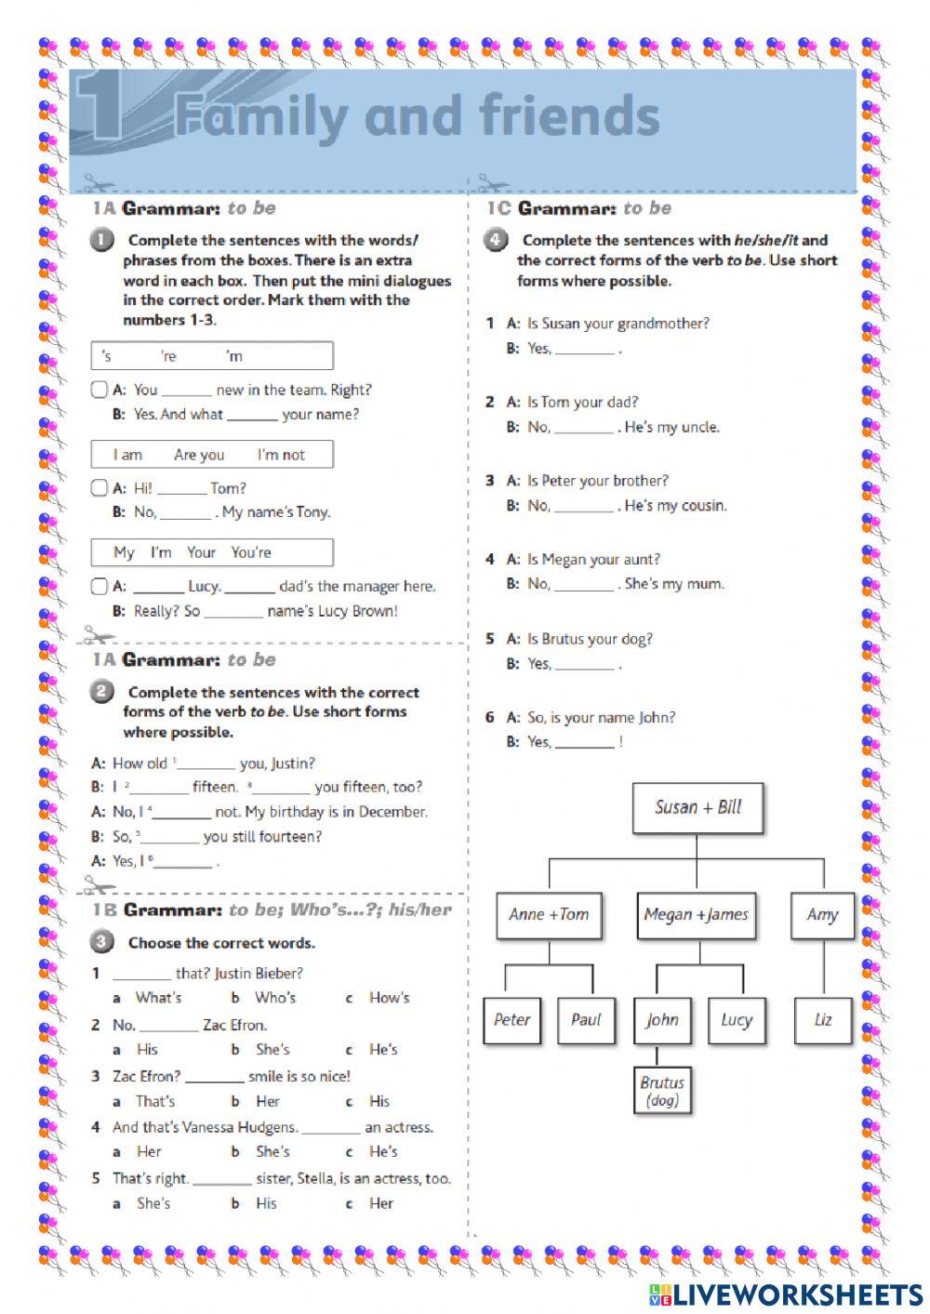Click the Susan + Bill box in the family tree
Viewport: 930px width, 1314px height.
pos(697,807)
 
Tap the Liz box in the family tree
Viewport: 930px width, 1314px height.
pos(823,1020)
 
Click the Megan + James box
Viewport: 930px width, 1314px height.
pos(696,915)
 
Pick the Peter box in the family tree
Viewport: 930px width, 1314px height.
pos(511,1020)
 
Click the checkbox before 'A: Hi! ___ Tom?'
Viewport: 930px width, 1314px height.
pos(100,488)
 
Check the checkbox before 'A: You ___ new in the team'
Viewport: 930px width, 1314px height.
pos(100,390)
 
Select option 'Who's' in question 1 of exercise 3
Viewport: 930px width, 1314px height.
pos(275,998)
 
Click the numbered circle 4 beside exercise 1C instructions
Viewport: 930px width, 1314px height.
pos(496,240)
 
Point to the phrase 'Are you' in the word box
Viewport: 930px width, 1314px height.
pos(199,455)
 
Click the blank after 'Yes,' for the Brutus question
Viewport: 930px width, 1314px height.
pos(585,665)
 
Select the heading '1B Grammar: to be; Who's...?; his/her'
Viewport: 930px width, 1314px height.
pos(271,910)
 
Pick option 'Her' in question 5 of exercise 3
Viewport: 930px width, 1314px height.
pos(381,1203)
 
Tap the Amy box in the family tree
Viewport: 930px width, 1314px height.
pos(822,915)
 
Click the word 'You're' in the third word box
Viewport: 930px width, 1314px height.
pos(251,552)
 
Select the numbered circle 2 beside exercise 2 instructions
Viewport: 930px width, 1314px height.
pos(102,692)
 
